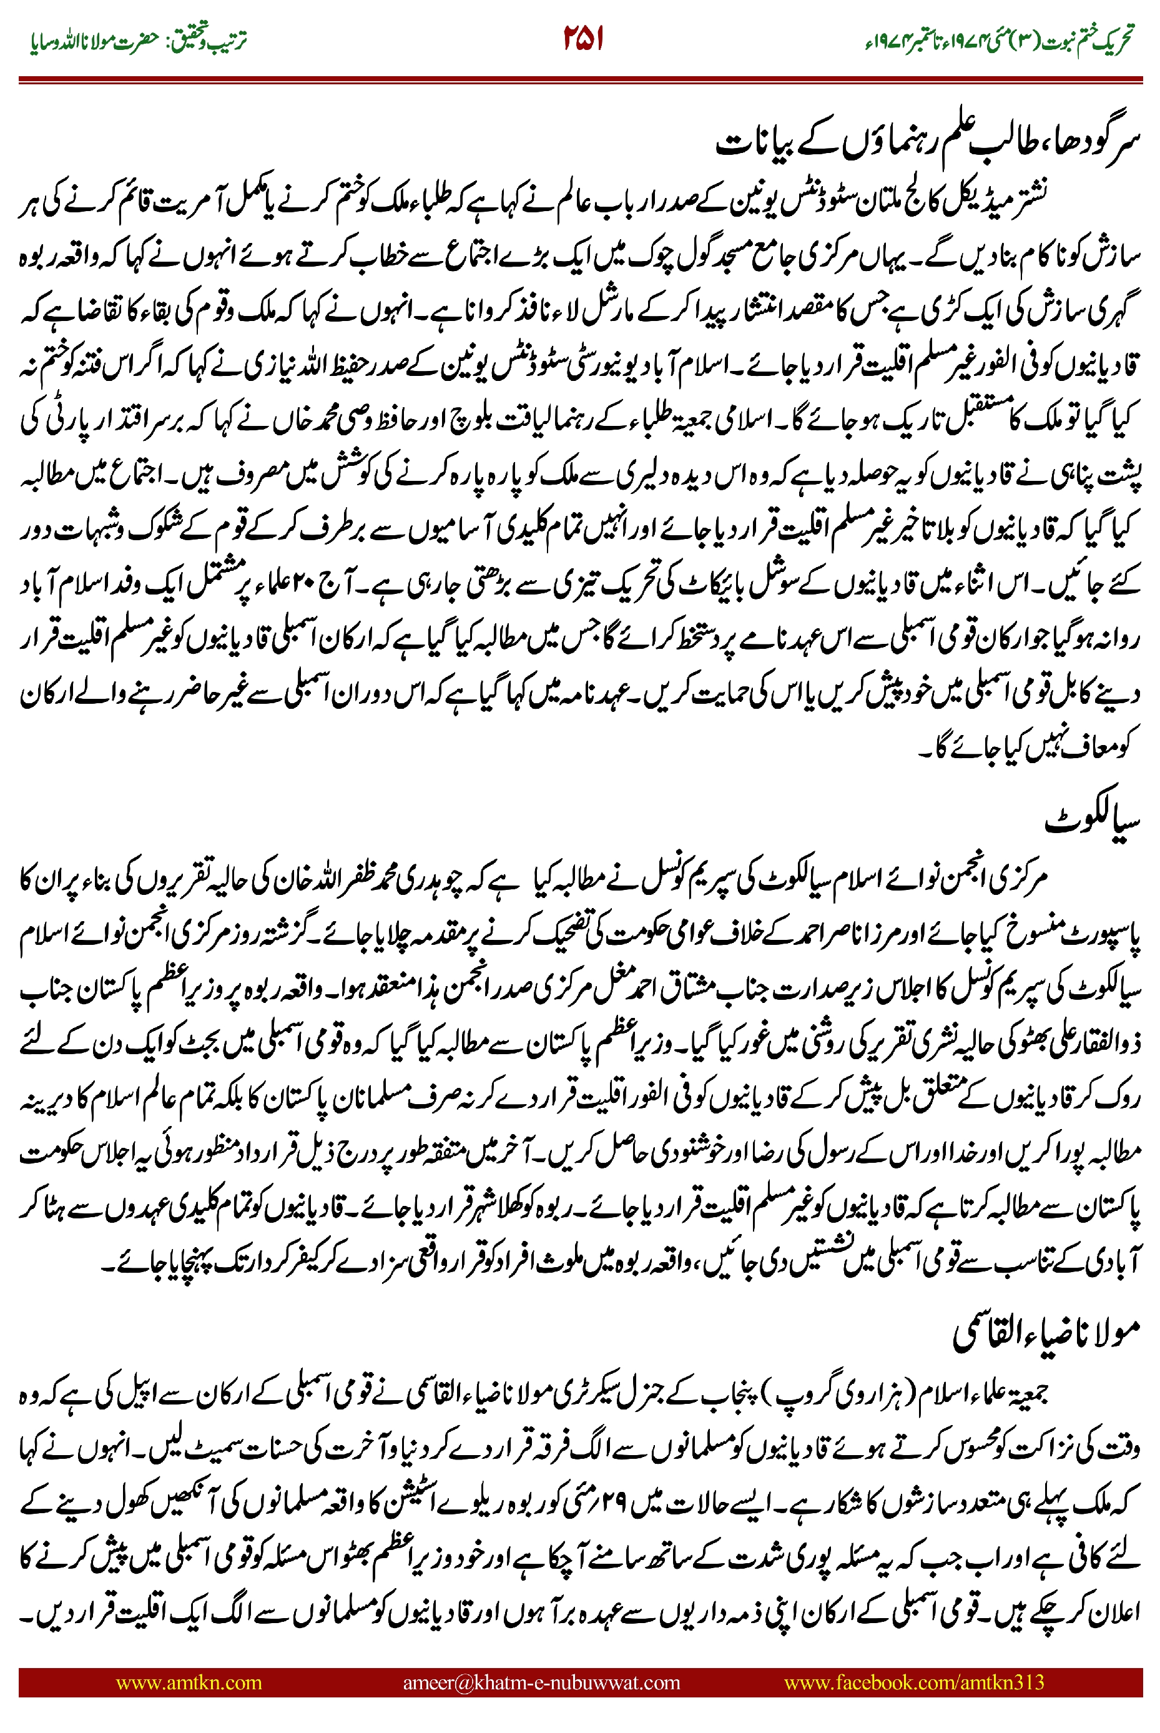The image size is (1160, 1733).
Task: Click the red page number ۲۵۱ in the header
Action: tap(583, 39)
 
